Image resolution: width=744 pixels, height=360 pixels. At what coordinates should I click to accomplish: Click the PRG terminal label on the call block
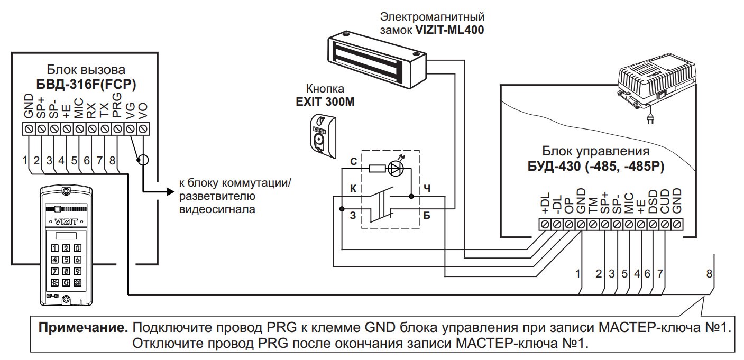coord(117,106)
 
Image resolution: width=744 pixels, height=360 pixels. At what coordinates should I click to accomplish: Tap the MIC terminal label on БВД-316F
coord(79,108)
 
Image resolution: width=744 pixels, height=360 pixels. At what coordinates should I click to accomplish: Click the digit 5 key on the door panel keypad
coord(66,260)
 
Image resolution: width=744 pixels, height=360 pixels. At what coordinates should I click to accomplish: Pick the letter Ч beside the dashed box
coord(427,189)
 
